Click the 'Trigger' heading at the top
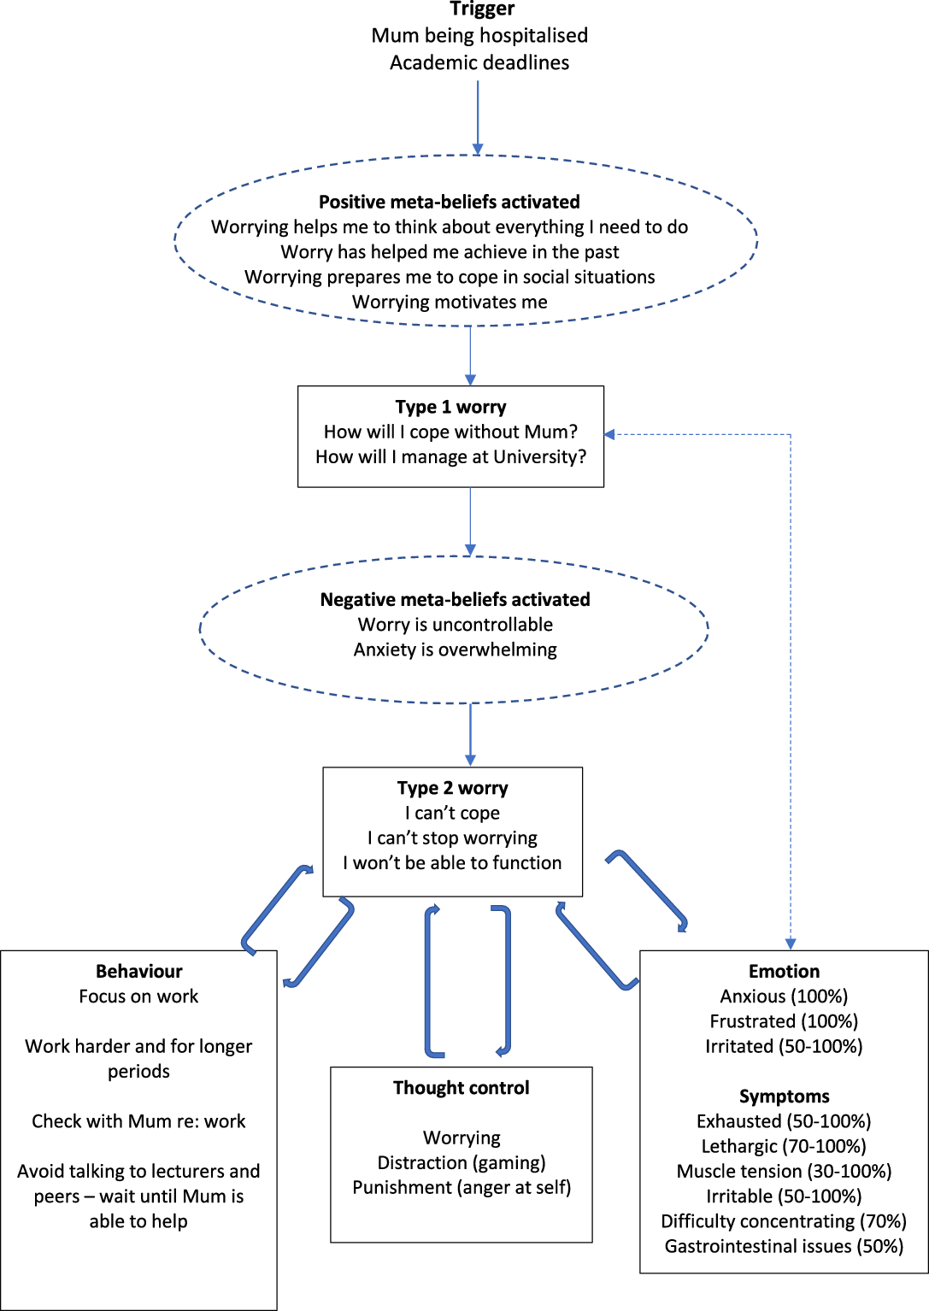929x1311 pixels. (482, 9)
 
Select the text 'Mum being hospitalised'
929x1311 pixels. (479, 36)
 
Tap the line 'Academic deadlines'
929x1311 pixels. (479, 63)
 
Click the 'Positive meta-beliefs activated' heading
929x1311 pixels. (449, 203)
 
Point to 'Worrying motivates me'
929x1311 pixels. (450, 303)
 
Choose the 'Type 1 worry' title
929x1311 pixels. (450, 408)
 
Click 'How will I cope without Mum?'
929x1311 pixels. (450, 432)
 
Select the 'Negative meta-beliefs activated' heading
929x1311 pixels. (455, 600)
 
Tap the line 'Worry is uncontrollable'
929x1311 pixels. (455, 625)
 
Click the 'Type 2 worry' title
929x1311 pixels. (452, 789)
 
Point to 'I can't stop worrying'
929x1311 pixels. (452, 838)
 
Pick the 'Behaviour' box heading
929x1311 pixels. (138, 972)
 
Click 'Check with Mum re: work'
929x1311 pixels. (138, 1121)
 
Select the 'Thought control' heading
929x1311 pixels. (461, 1088)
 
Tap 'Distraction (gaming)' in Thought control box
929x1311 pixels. (461, 1163)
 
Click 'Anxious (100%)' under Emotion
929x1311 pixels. (784, 996)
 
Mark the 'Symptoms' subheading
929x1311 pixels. (784, 1096)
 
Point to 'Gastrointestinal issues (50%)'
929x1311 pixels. (784, 1246)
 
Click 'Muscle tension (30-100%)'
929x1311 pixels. (784, 1172)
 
